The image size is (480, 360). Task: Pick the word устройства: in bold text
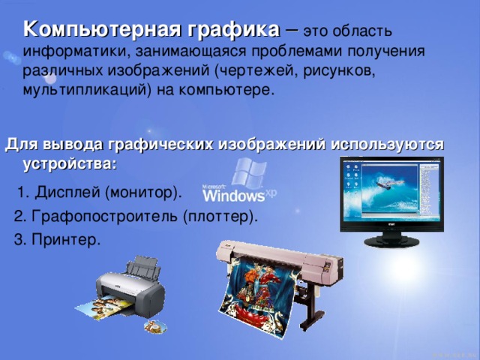click(x=70, y=161)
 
